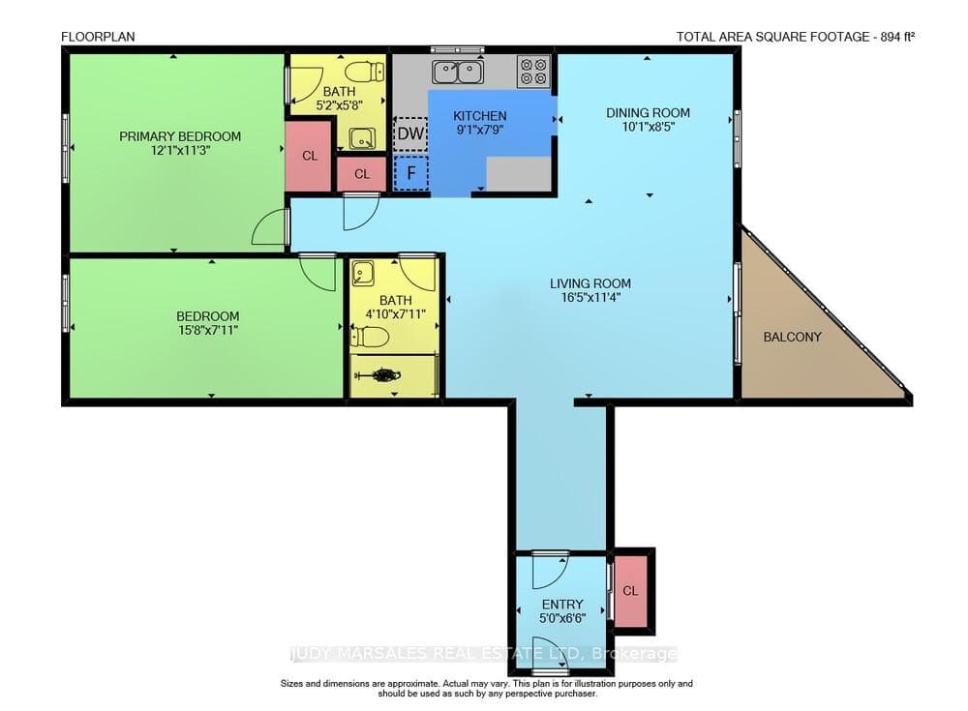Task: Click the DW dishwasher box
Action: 410,133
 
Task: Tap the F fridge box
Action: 410,172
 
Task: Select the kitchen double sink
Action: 458,72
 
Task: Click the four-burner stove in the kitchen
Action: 533,71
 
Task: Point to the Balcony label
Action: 792,337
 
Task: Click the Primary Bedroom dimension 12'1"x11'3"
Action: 180,150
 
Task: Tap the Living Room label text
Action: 590,283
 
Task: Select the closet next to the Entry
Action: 630,591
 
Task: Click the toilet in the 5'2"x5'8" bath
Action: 364,73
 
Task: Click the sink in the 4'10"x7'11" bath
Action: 362,273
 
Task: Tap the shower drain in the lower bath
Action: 385,374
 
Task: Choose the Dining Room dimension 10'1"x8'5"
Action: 648,127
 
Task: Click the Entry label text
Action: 562,605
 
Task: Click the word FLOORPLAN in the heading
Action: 98,37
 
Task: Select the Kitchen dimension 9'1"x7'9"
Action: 480,130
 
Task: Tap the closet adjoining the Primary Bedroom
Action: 310,156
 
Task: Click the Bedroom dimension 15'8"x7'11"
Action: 207,330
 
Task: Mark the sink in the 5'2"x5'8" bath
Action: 362,138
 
